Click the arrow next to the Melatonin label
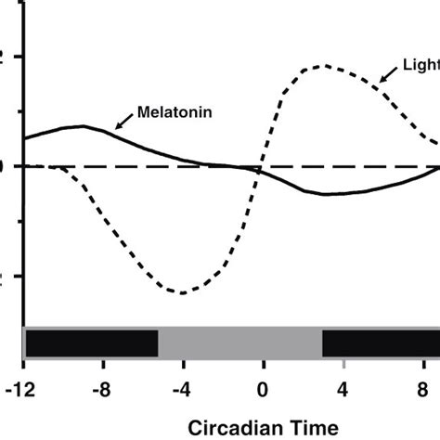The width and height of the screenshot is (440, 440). point(123,121)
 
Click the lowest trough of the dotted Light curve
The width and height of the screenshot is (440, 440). point(183,293)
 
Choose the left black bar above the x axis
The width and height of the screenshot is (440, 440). point(91,343)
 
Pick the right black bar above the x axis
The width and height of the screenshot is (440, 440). point(381,343)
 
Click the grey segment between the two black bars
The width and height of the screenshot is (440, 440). point(239,343)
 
